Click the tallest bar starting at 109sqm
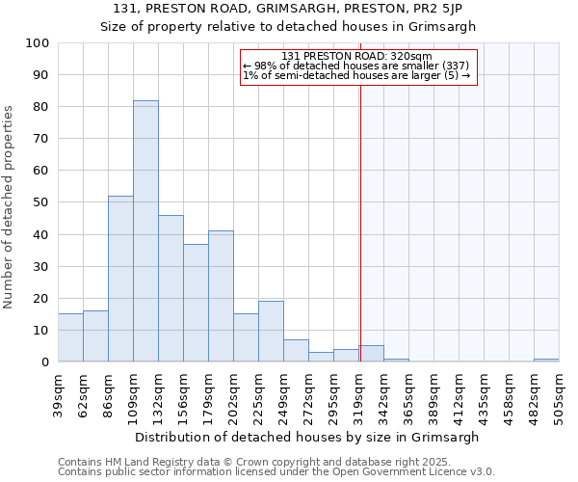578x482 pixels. pos(145,231)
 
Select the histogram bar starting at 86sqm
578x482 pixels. pos(120,279)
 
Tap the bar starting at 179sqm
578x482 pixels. pos(221,296)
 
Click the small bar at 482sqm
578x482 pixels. pos(546,360)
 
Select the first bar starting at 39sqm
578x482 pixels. pos(70,337)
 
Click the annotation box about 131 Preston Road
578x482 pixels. pos(357,67)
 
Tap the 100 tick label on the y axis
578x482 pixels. pos(38,43)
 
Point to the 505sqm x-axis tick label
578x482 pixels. pos(559,395)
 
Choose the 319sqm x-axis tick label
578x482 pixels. pos(358,395)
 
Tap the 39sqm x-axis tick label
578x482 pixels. pos(58,395)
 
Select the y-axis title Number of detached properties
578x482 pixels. pos(10,207)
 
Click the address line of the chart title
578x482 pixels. pos(288,9)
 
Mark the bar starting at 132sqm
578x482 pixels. pos(171,288)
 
